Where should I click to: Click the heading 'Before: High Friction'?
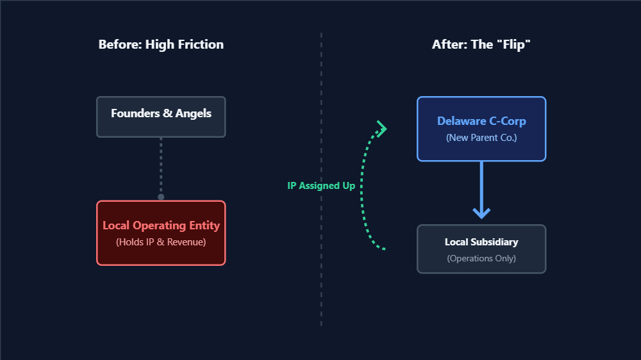(x=161, y=45)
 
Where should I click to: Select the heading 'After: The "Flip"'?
(x=481, y=45)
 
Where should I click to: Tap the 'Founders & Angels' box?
(x=161, y=117)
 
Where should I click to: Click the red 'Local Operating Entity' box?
(x=161, y=233)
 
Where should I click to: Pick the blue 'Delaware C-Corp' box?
(x=481, y=129)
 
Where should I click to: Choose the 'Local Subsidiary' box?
(x=481, y=249)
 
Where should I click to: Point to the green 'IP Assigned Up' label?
(x=321, y=186)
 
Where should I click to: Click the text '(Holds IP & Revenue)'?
(x=161, y=242)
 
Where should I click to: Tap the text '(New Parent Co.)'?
(x=481, y=138)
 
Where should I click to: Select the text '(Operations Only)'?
(x=481, y=259)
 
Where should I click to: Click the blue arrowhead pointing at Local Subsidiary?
(x=481, y=212)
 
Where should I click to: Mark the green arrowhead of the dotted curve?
(x=383, y=129)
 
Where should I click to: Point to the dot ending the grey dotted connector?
(x=161, y=197)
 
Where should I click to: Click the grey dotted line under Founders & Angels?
(x=161, y=167)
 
